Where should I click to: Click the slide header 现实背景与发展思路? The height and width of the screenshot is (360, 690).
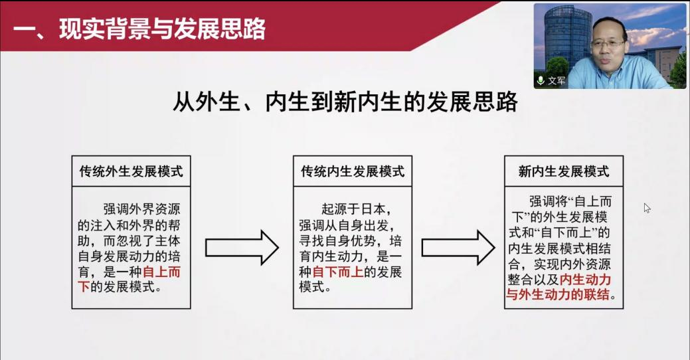[162, 29]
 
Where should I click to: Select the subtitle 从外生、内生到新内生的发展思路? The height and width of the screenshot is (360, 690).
[345, 102]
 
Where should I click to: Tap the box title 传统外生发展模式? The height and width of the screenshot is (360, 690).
[131, 171]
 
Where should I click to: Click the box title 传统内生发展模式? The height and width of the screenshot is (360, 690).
[353, 171]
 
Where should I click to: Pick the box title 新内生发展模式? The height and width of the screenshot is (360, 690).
[564, 171]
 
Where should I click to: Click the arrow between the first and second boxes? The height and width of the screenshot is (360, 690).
[242, 247]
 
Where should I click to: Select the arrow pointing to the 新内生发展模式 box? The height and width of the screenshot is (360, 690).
[458, 247]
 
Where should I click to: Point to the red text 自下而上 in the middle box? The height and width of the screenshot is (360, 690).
[337, 272]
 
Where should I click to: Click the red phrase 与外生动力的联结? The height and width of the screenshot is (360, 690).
[558, 294]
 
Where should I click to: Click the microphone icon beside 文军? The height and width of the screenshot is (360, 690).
[541, 80]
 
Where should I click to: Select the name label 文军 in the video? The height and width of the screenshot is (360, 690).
[557, 80]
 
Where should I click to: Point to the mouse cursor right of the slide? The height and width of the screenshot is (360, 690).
[646, 208]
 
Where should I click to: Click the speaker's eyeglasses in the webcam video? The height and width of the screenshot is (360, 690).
[608, 44]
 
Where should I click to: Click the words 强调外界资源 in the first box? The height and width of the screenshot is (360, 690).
[141, 209]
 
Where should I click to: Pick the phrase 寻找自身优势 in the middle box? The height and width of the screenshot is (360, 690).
[337, 240]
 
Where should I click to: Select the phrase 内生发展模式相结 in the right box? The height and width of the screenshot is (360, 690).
[559, 248]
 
